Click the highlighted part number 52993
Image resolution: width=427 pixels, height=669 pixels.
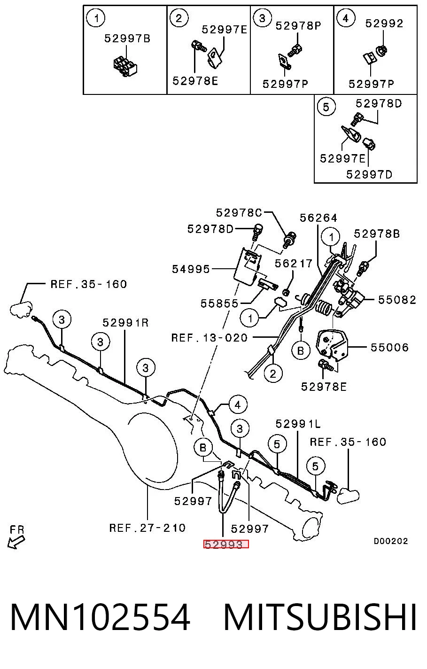coord(226,545)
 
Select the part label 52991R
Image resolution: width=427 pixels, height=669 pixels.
coord(125,323)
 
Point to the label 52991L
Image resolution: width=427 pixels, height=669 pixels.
coord(298,423)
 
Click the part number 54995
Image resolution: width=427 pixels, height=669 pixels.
coord(191,269)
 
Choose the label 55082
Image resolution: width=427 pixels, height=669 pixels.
coord(397,300)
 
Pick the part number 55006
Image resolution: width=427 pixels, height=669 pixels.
coord(390,347)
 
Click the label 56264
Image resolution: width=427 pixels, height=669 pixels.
coord(318,218)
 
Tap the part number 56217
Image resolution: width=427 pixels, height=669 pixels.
coord(294,263)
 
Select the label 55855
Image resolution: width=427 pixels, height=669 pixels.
coord(219,303)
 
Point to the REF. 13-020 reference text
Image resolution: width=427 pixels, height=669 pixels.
coord(210,338)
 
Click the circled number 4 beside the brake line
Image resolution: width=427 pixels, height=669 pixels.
coord(238,405)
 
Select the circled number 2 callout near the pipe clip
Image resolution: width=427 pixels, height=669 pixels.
coord(273,373)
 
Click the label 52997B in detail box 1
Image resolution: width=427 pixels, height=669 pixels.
coord(127,39)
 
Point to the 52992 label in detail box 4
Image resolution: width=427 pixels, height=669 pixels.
coord(384,23)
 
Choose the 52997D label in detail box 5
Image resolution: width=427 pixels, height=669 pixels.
coord(369,174)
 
